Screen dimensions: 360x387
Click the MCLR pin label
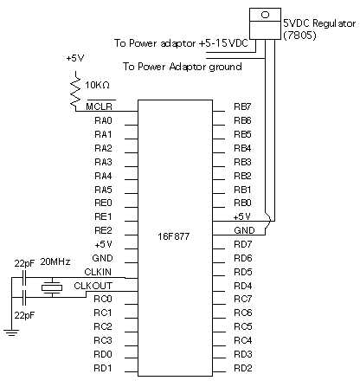99,106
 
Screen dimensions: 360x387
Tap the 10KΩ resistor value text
97,85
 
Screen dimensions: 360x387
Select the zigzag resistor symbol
75,91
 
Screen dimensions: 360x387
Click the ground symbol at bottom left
11,332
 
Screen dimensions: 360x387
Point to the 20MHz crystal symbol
52,287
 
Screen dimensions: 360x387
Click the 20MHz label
55,261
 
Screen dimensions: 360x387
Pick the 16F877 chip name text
174,236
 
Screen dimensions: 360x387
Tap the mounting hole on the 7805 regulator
265,15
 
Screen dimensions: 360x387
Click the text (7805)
300,35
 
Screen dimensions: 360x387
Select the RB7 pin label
242,106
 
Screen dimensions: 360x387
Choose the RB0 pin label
242,203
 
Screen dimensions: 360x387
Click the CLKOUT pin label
93,286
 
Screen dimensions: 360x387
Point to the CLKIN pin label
98,272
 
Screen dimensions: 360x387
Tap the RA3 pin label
103,162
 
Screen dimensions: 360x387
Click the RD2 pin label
243,368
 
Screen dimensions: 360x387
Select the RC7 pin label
243,299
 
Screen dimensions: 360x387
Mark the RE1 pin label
103,216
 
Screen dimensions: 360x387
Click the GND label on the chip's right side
244,230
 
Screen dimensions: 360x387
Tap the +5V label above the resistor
75,58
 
